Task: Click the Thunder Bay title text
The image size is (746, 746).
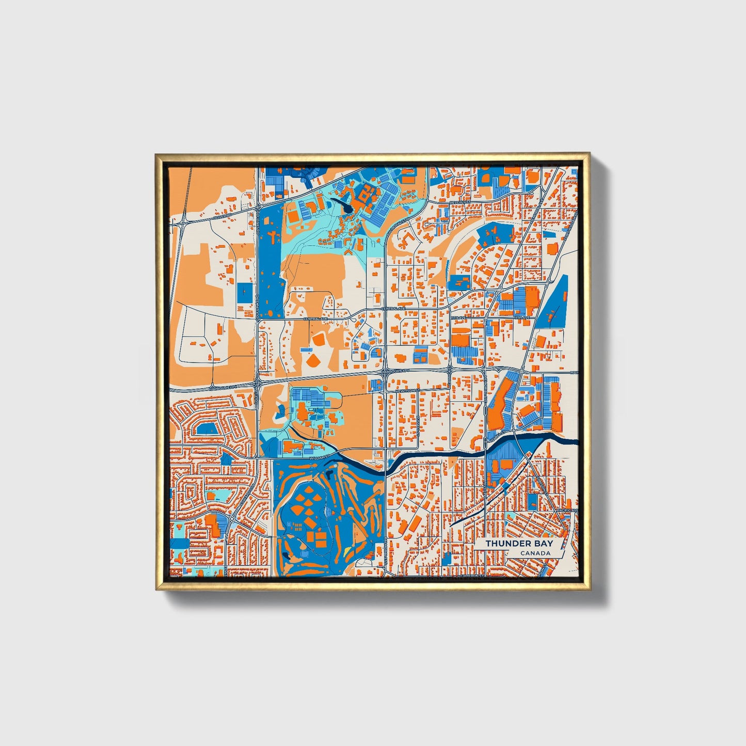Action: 519,543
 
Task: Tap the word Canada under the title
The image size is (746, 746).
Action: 535,553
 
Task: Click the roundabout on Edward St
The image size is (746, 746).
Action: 233,518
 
